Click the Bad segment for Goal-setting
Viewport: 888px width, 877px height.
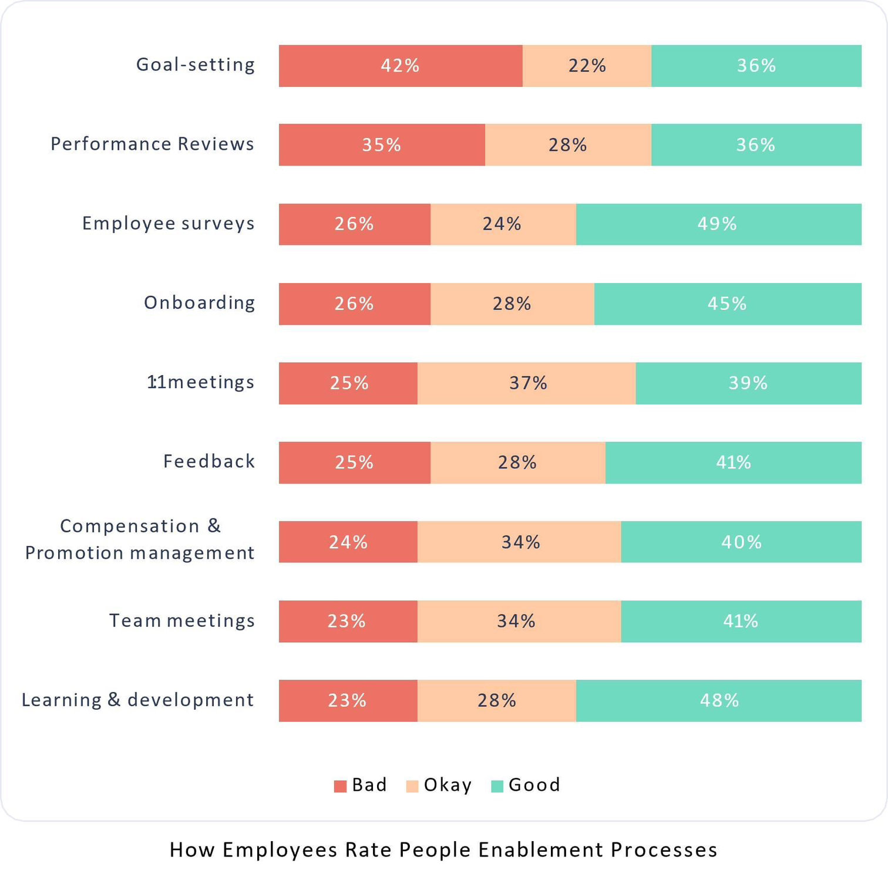click(x=400, y=66)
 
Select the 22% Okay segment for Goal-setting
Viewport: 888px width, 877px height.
click(x=587, y=66)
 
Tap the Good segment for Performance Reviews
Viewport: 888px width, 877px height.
click(x=756, y=145)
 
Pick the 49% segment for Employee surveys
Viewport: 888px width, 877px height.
click(x=718, y=224)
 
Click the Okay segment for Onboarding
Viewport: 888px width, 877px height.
click(x=512, y=304)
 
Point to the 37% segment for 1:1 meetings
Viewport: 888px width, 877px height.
click(x=527, y=383)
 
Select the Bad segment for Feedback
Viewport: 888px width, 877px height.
click(x=354, y=463)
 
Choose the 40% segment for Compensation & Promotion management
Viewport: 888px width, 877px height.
click(x=741, y=542)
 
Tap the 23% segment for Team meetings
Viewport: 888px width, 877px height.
click(x=348, y=621)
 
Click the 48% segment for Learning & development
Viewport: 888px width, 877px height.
click(x=719, y=700)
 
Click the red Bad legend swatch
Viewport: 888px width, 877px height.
click(x=340, y=786)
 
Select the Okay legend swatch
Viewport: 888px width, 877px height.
click(x=412, y=786)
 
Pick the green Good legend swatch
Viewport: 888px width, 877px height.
click(x=497, y=786)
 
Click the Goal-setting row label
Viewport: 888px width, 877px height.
click(x=196, y=65)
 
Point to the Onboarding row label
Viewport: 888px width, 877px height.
click(x=200, y=303)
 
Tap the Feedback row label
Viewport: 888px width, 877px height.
click(x=209, y=461)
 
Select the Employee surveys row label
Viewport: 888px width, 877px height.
click(x=169, y=224)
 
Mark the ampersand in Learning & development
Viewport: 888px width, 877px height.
click(x=114, y=700)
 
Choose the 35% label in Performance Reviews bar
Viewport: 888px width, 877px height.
click(x=381, y=145)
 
